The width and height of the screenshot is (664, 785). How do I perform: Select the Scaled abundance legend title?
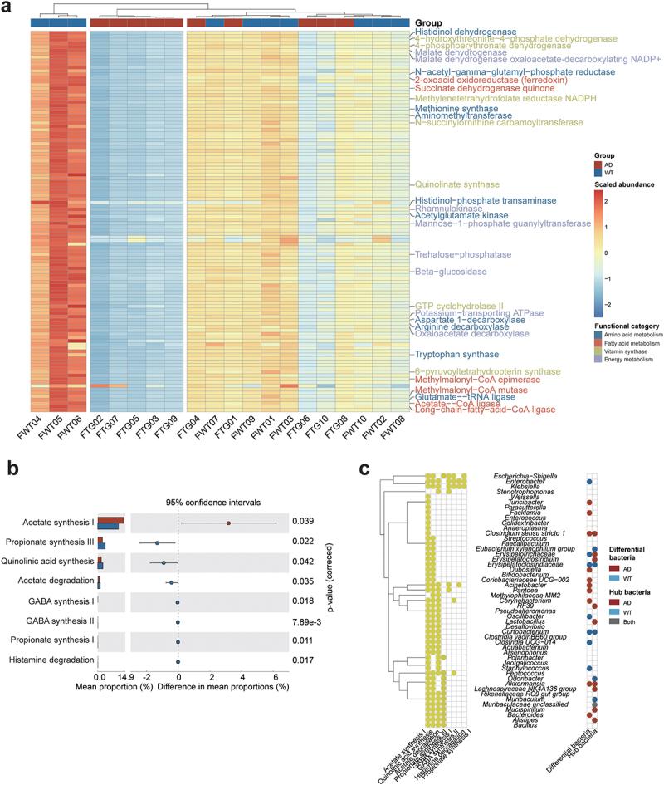click(624, 184)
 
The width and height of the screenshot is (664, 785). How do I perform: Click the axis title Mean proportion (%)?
click(63, 689)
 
